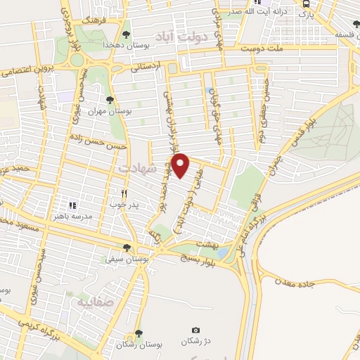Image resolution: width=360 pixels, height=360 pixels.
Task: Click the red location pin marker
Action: (x=181, y=165)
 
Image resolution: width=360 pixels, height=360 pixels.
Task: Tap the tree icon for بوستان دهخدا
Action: (x=126, y=33)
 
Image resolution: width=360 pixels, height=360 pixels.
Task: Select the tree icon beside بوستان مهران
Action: (x=109, y=99)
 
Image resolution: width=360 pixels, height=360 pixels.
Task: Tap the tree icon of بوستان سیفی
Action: (x=127, y=247)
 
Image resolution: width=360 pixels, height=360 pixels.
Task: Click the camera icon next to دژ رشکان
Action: (x=195, y=330)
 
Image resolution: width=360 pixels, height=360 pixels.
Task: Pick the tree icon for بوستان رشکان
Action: (x=138, y=333)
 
